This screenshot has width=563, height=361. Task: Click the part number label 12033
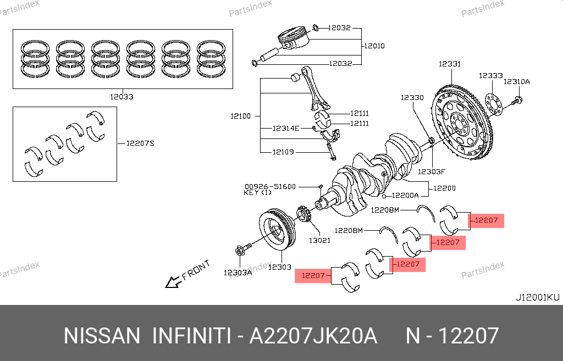point(122,97)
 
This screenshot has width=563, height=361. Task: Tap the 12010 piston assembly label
point(374,46)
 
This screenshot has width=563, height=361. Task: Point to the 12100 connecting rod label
point(240,116)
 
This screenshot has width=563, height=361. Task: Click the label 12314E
point(286,129)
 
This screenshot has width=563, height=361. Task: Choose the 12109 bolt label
point(283,152)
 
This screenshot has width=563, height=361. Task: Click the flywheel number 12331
point(449,64)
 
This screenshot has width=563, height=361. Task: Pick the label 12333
point(490,76)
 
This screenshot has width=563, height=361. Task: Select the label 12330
point(412,97)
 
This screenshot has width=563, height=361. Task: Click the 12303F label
point(430,171)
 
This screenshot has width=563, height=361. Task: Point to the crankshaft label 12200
point(444,188)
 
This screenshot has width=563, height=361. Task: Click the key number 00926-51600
point(270,186)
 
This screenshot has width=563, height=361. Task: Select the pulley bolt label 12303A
point(238,272)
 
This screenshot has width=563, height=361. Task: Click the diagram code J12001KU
point(537,297)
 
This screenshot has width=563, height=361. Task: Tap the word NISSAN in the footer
point(102,336)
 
